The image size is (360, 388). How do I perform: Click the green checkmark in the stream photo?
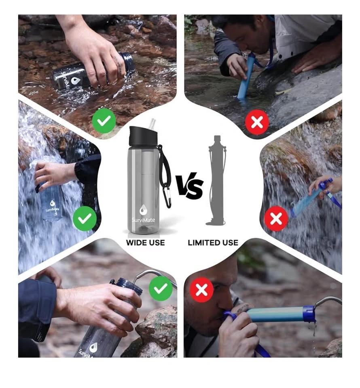tap(104, 121)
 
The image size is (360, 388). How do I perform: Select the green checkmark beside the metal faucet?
tap(161, 288)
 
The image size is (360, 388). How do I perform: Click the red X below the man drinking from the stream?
tap(257, 122)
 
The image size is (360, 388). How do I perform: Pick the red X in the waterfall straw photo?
tap(276, 219)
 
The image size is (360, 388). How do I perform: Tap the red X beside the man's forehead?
tap(201, 289)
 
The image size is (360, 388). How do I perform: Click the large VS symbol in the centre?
tap(190, 186)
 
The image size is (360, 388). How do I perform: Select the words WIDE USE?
tap(145, 242)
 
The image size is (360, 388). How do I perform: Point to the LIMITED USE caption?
tap(213, 242)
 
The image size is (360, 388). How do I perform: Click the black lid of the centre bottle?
tap(142, 136)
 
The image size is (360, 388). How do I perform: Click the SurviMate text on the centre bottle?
tap(143, 220)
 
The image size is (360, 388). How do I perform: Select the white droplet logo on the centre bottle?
tap(143, 209)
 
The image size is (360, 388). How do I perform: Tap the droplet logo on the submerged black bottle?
tap(74, 81)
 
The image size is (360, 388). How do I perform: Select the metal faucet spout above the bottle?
tap(154, 276)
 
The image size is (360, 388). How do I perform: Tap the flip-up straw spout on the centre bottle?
tap(152, 123)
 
